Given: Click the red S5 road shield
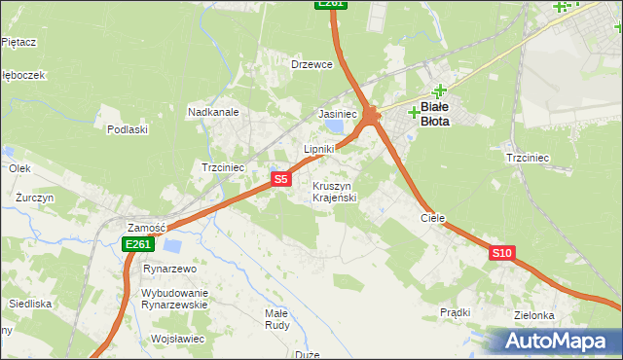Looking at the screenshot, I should pos(280,179).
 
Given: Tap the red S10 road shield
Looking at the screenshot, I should pos(501,253).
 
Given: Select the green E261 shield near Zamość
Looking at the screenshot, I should pos(137,245).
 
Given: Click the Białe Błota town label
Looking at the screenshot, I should pos(434,114).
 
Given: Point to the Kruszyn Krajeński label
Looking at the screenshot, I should pos(336,192).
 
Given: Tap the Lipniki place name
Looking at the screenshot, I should pos(319,149).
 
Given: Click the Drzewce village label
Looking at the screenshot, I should pos(312,64).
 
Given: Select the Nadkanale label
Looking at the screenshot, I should pos(213,112).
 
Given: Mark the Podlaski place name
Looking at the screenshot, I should pos(128,129).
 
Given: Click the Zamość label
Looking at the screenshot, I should pos(145,227).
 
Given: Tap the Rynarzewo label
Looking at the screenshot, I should pos(170,269).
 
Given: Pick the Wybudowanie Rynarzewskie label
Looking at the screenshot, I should pos(175,299).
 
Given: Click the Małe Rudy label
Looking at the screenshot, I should pos(277,320).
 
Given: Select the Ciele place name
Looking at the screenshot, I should pos(432,218).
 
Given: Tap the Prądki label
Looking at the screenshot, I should pos(456,312).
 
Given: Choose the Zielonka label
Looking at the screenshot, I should pos(534,315).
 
